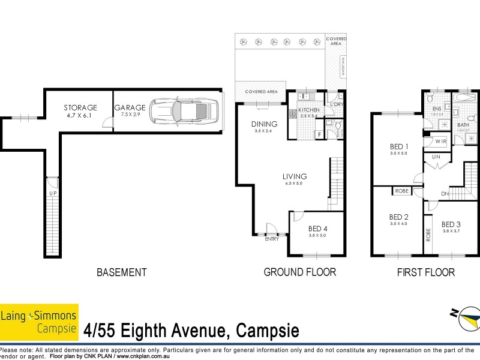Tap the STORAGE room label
point(80,107)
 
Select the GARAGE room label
point(130,107)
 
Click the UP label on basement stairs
point(53,193)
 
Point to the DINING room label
point(264,124)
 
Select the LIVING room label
point(295,176)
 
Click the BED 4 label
point(318,229)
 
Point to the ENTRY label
point(272,239)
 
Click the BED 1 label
point(398,146)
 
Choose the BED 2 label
point(398,217)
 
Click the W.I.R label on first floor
point(441,142)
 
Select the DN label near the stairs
point(445,194)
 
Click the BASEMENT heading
point(122,272)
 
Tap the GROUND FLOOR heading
point(300,272)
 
